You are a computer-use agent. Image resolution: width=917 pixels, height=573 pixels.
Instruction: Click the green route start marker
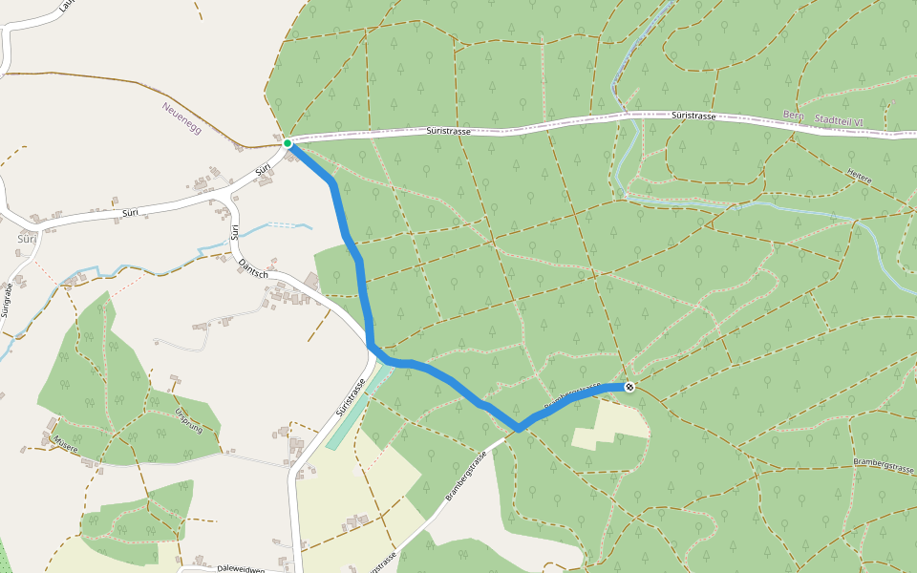[x=287, y=143]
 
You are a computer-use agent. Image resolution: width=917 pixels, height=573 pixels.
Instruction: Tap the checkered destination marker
[x=629, y=387]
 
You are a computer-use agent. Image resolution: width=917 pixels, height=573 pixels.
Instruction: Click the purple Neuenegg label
[x=181, y=117]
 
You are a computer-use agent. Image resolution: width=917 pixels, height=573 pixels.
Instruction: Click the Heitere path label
[x=860, y=176]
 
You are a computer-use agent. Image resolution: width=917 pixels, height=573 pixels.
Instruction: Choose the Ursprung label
[x=189, y=420]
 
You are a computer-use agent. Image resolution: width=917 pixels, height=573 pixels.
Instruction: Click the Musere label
[x=65, y=443]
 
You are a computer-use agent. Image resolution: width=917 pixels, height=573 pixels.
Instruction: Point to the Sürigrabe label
[x=8, y=300]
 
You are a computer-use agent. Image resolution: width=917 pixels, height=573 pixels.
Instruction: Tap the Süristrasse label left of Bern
[x=693, y=115]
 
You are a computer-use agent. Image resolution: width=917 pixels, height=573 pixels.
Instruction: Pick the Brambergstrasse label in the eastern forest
[x=885, y=461]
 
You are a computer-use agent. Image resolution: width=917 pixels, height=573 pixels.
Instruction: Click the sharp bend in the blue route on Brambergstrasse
[x=519, y=427]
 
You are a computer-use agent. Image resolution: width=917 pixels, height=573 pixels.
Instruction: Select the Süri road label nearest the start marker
[x=264, y=170]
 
